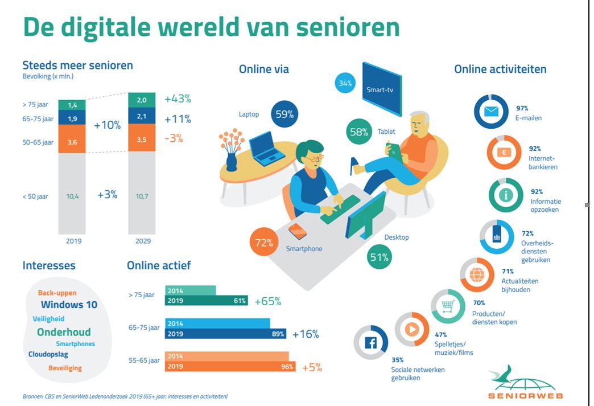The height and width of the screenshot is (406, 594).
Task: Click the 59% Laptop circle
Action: click(x=284, y=114)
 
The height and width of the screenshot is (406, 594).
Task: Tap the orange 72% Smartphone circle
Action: click(x=264, y=243)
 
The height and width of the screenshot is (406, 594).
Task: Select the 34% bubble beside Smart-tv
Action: click(x=345, y=84)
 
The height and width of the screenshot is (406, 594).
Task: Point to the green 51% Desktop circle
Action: click(x=379, y=257)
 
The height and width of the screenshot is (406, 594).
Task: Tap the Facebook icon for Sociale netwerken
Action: click(x=370, y=343)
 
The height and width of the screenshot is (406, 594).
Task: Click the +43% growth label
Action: click(x=178, y=99)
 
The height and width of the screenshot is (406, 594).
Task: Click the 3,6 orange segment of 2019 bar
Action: click(x=72, y=141)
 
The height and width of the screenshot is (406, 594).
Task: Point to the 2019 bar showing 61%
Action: click(x=207, y=301)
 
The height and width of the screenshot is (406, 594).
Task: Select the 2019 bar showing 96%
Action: click(x=230, y=367)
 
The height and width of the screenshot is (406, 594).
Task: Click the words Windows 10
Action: click(x=69, y=305)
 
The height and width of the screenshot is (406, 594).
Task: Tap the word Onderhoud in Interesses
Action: click(x=64, y=332)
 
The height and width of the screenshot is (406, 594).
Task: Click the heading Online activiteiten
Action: click(x=500, y=69)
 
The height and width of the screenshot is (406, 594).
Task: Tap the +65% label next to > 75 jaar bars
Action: click(x=267, y=301)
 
